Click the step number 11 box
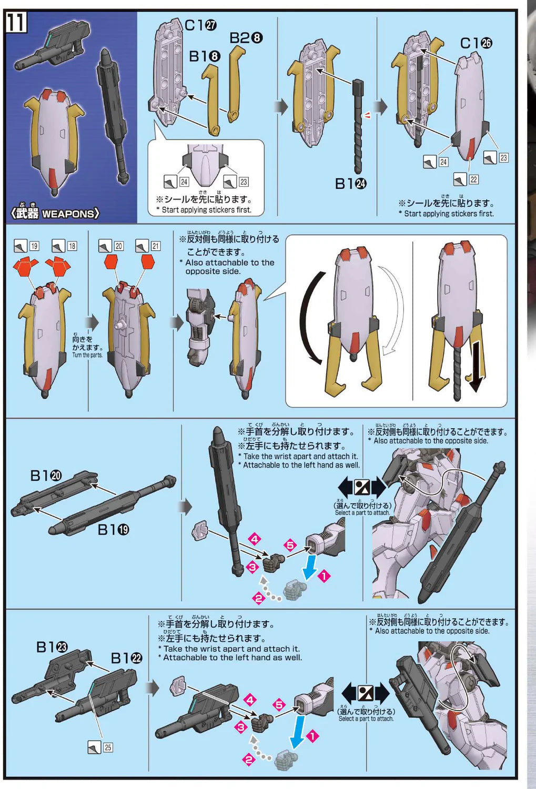[x=16, y=23]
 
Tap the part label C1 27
[x=200, y=25]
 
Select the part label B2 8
[x=246, y=38]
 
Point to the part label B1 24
[x=351, y=184]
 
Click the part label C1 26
[x=476, y=43]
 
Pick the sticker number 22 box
[x=474, y=179]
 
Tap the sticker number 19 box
[x=34, y=246]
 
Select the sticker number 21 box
[x=156, y=246]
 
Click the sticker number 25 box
[x=108, y=747]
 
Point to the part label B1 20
[x=46, y=476]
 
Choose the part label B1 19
[x=113, y=530]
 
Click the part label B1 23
[x=52, y=647]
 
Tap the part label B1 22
[x=126, y=658]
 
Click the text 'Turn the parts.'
[x=87, y=355]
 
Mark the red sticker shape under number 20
[x=111, y=262]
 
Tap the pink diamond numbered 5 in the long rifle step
[x=290, y=545]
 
